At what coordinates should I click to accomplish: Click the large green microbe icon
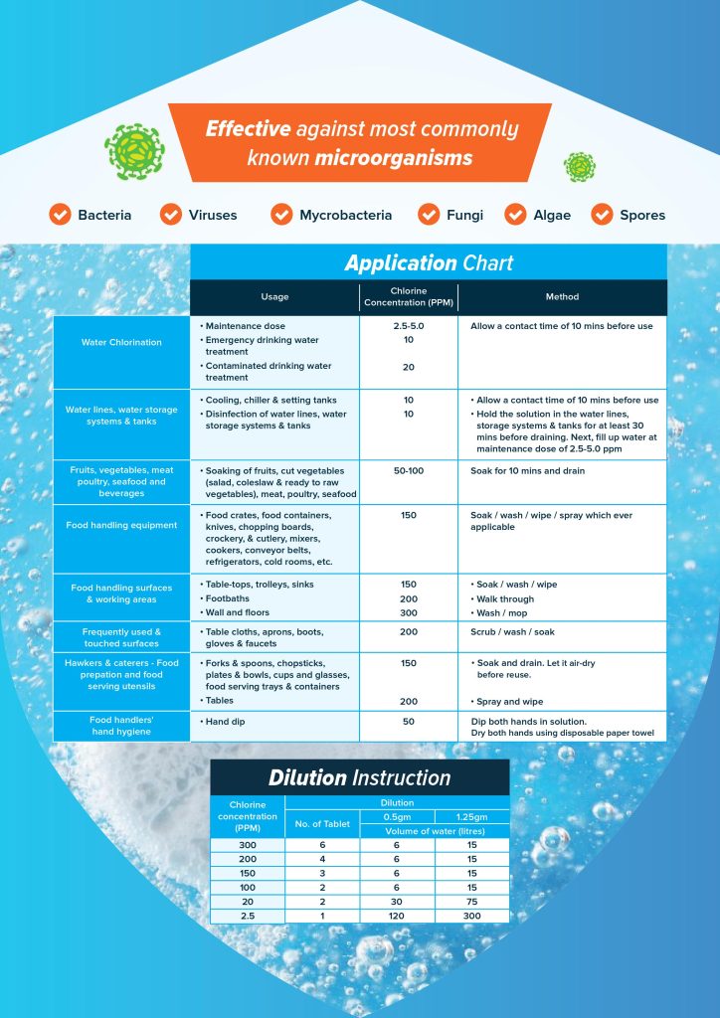coord(134,151)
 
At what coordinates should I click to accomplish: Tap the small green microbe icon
coord(579,167)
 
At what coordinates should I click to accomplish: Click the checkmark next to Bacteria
coord(60,215)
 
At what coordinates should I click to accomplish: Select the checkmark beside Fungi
coord(429,215)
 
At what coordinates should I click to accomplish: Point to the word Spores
coord(642,215)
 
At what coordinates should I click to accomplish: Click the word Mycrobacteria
coord(345,215)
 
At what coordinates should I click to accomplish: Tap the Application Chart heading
coord(429,263)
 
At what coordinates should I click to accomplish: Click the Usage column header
coord(274,296)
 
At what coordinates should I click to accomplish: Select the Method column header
coord(562,296)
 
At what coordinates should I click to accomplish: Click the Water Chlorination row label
coord(121,342)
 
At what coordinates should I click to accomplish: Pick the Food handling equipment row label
coord(121,525)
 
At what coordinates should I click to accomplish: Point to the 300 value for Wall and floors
coord(408,613)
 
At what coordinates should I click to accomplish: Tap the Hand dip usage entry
coord(227,721)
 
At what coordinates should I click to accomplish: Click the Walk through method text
coord(504,599)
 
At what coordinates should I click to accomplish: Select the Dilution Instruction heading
coord(359,777)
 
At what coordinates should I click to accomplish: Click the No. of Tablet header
coord(321,823)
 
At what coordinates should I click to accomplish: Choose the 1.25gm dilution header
coord(471,816)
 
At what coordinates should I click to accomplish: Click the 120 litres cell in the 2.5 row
coord(397,915)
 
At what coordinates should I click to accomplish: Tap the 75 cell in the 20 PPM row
coord(471,901)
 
